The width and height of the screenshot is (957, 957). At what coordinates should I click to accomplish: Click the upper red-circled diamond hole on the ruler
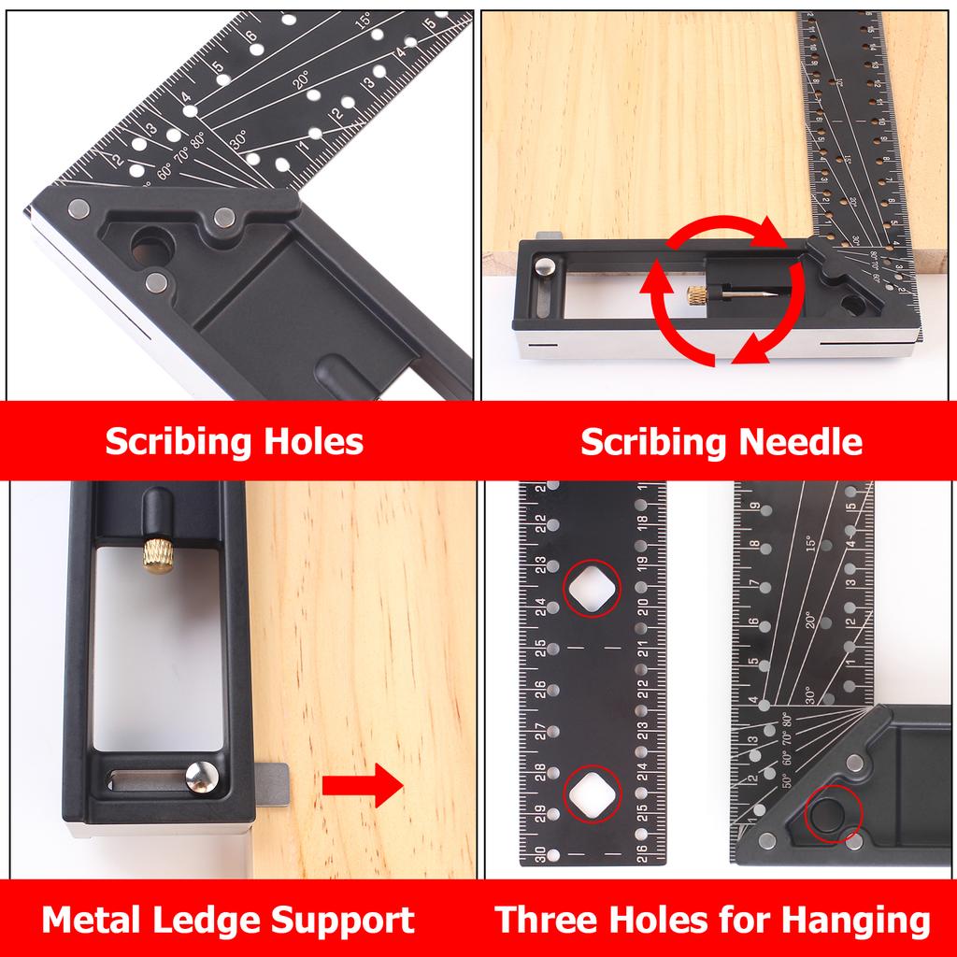click(592, 587)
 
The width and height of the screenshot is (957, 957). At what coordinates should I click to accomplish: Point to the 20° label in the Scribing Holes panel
click(301, 82)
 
